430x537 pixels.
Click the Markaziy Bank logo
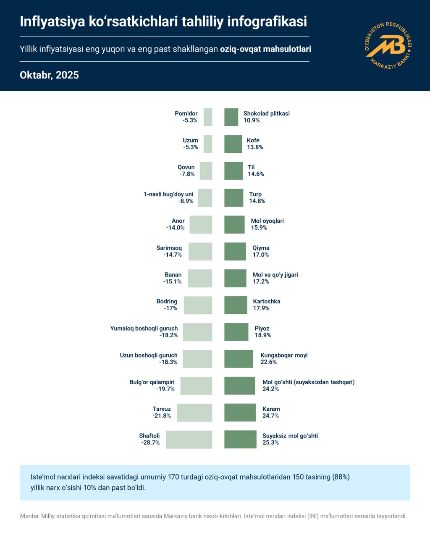coord(388,45)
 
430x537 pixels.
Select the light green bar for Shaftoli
coord(189,439)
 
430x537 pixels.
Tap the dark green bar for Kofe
coord(233,144)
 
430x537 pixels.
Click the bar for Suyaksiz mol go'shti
coord(240,439)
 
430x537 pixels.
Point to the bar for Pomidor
coord(208,117)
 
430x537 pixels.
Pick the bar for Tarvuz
coord(194,412)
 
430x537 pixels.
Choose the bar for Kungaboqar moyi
coord(239,359)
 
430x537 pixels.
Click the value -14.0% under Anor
coord(176,228)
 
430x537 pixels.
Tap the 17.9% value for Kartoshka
coord(261,308)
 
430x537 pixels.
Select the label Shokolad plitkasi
coord(267,113)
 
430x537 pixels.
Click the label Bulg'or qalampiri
coord(152,382)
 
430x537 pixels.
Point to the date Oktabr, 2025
coord(49,75)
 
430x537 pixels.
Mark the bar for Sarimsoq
coord(200,251)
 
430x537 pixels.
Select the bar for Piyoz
coord(236,332)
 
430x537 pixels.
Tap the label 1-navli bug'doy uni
coord(168,194)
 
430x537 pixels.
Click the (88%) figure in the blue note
coord(341,477)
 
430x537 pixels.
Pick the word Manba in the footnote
coord(29,516)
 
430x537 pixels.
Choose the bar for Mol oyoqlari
coord(234,224)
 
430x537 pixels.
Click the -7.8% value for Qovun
coord(187,174)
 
